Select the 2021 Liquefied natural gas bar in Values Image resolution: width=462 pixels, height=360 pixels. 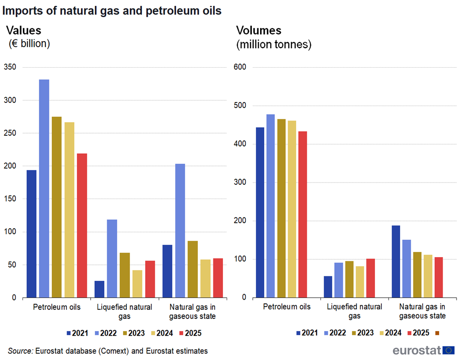99,289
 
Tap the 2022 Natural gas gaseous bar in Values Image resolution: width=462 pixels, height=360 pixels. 180,231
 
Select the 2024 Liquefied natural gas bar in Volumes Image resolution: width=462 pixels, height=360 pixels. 360,282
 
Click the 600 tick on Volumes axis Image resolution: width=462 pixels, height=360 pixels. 240,67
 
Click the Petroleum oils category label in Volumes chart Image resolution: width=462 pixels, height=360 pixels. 287,307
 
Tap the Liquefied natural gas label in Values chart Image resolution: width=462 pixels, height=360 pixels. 125,311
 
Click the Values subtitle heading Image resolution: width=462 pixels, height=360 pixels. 23,31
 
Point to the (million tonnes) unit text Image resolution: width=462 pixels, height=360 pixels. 273,44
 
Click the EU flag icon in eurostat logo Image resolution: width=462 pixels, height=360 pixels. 449,350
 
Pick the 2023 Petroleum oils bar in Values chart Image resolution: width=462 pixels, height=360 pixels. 57,207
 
